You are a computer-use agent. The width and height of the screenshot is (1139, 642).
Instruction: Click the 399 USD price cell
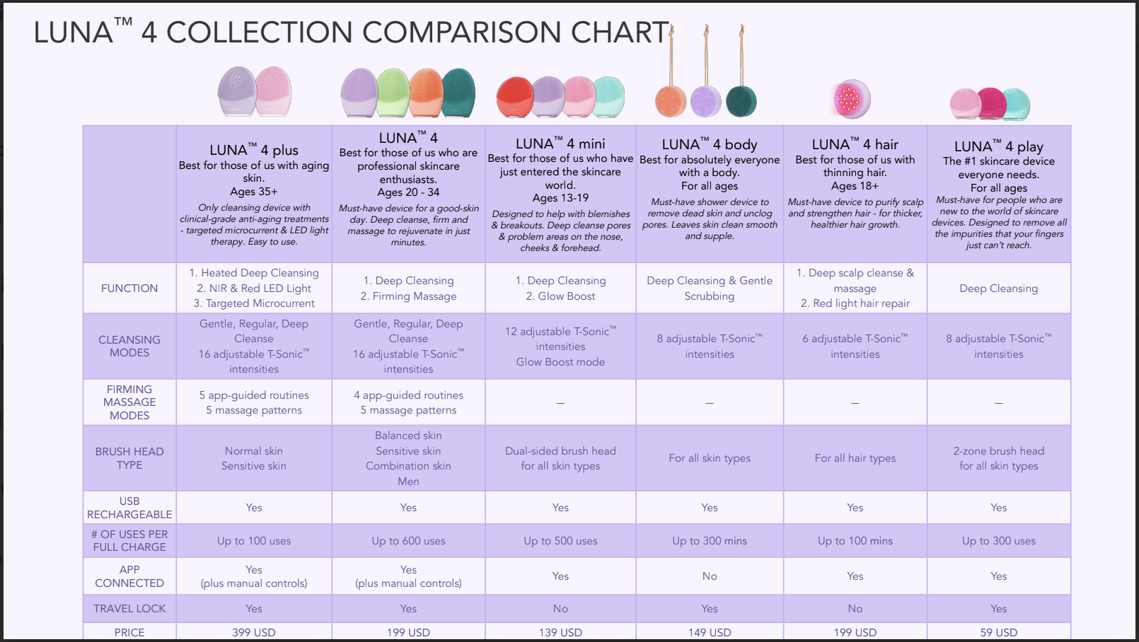(254, 632)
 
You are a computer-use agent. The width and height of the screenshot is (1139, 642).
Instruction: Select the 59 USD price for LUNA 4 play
(998, 632)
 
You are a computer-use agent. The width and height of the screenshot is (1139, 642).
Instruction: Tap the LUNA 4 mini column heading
(560, 144)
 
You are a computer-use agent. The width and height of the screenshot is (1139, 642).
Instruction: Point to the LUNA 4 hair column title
(855, 145)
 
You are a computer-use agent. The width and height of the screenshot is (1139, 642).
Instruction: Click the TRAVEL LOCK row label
(129, 608)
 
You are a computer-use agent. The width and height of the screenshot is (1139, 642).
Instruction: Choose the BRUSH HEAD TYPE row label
(129, 458)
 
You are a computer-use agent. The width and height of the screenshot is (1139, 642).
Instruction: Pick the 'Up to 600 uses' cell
(408, 541)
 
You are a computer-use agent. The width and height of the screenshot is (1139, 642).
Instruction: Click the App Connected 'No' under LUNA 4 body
(709, 576)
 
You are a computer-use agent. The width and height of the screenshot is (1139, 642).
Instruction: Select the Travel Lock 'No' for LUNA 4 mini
(560, 608)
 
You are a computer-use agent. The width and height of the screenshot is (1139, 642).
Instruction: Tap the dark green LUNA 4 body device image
(741, 100)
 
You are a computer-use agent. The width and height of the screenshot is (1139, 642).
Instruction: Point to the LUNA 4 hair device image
(851, 99)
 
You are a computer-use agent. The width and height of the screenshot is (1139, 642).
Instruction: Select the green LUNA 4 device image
(393, 93)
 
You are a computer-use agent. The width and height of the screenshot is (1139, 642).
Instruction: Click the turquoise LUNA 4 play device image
(1015, 105)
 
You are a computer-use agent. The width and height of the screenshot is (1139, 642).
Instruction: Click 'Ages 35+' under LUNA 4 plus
(254, 192)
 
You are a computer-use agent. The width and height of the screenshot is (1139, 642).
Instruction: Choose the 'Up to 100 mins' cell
(855, 541)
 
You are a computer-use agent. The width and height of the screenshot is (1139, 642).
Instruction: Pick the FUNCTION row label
(129, 288)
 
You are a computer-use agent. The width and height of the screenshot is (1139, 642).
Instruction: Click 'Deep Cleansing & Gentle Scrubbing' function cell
(709, 288)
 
